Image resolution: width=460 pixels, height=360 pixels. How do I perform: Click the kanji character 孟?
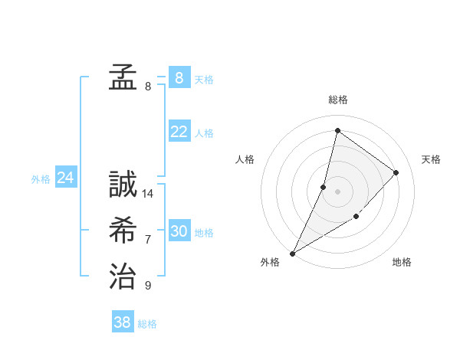point(123,77)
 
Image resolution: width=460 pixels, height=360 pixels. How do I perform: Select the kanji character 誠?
point(123,185)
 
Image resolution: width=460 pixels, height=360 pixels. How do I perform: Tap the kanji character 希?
point(123,230)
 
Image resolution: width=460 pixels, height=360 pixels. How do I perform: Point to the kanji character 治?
point(123,276)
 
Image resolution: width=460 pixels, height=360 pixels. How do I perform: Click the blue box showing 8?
point(179,77)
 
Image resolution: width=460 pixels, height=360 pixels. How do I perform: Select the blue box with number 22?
point(179,132)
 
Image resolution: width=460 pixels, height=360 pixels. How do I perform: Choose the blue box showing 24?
point(65,178)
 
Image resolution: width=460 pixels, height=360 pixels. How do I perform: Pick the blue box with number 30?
point(179,231)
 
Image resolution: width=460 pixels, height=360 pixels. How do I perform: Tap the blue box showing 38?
point(122,322)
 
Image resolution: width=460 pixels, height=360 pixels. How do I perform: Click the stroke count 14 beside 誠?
point(148,194)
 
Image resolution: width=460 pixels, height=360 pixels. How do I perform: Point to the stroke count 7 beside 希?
point(148,240)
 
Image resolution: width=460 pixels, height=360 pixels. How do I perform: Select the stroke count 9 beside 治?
point(148,286)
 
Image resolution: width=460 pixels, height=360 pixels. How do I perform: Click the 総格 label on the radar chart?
point(337,100)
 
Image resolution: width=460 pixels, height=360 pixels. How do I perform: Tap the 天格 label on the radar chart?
point(431,159)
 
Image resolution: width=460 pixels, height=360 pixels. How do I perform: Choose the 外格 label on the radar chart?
point(270,262)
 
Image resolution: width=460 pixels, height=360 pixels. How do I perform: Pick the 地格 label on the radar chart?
point(402,262)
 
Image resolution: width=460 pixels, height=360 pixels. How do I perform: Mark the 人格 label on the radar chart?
point(245,159)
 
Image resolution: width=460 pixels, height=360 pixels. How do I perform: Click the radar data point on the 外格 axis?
point(292,253)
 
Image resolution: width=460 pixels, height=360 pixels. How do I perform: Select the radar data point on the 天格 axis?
point(396,172)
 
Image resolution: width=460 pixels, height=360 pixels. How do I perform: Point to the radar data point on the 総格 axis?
point(337,131)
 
